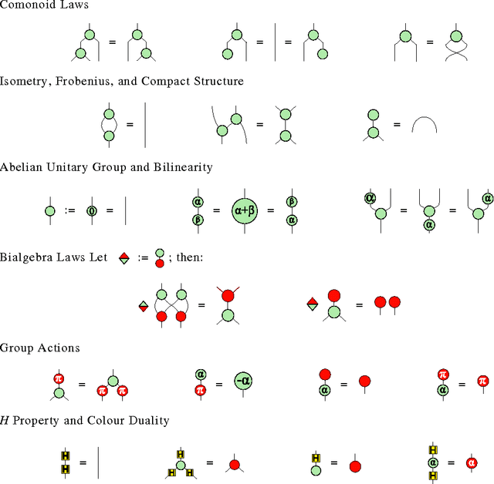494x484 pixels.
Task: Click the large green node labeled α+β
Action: [249, 210]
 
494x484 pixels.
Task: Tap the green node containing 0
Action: [93, 210]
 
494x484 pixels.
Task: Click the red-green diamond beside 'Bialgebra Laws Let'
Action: [123, 259]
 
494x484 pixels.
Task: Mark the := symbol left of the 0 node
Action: [70, 210]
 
